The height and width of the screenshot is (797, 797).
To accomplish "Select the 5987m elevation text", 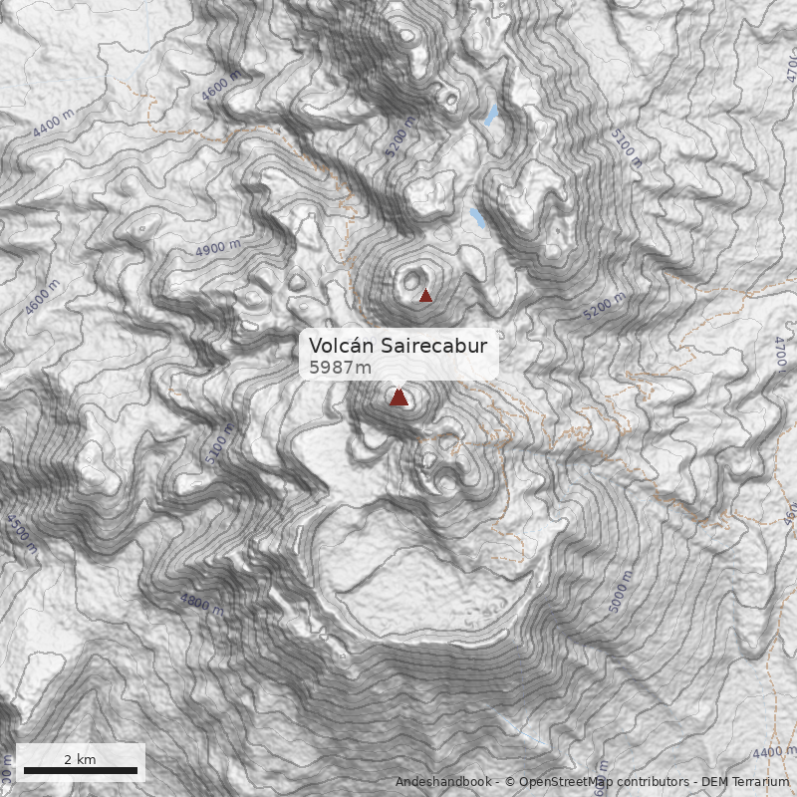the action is click(340, 368).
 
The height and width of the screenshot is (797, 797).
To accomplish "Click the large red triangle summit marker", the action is click(398, 398).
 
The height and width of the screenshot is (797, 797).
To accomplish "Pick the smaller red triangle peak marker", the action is click(425, 295).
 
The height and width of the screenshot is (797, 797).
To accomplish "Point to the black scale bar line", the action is click(81, 770).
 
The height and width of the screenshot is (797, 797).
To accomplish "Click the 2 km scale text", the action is click(80, 759).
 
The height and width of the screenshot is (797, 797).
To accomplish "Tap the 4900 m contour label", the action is click(218, 248).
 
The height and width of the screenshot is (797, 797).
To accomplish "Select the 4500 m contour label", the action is click(21, 534).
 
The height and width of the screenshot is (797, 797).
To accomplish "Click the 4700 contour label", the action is click(780, 354).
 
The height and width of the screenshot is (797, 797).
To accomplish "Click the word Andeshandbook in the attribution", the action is click(442, 782).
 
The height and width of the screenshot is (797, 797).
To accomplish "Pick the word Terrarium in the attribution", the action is click(761, 782).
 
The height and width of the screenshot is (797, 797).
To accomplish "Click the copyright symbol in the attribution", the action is click(509, 782).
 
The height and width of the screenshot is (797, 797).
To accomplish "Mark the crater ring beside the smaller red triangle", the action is click(411, 280).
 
